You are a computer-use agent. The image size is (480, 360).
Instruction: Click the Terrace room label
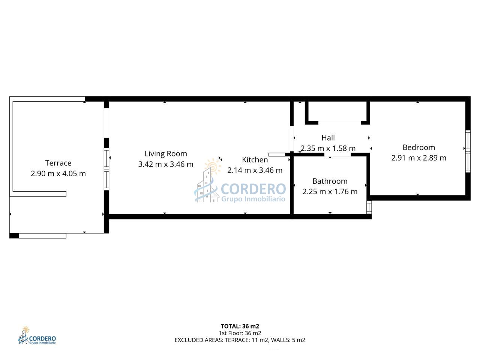[58, 163]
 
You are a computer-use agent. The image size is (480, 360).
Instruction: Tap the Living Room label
[166, 154]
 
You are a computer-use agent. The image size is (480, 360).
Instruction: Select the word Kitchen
[255, 160]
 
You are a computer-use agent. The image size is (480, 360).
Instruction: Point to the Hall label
[328, 138]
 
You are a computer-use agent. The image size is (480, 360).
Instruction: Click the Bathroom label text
[330, 181]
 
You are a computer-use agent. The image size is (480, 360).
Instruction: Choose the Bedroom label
[418, 147]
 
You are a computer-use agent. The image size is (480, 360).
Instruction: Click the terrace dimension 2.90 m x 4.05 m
[58, 174]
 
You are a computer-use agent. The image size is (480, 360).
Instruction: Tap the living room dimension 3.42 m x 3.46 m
[166, 164]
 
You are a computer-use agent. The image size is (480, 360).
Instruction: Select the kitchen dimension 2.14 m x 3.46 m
[255, 170]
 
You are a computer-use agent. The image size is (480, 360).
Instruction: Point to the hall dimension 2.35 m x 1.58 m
[328, 148]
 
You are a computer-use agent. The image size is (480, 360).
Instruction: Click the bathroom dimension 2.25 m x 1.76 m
[330, 192]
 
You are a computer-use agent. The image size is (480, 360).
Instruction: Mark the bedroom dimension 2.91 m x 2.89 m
[418, 158]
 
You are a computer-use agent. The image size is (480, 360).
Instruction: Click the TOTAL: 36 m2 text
[240, 326]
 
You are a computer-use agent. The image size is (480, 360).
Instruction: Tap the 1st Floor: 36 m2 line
[240, 333]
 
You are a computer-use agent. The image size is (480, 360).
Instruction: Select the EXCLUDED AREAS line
[240, 340]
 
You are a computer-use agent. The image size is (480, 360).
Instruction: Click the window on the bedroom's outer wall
[468, 151]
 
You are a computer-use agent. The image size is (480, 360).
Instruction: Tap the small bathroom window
[369, 207]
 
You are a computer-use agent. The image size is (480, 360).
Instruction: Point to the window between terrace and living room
[106, 169]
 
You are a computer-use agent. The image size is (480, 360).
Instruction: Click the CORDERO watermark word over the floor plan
[253, 189]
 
